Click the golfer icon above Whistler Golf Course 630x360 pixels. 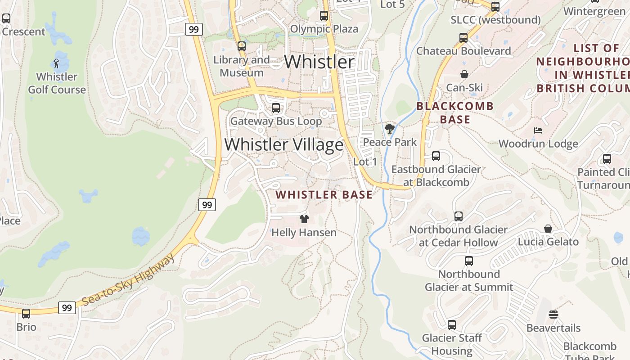pyautogui.click(x=56, y=63)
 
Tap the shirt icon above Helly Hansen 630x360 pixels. pyautogui.click(x=304, y=219)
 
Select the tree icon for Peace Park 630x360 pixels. pyautogui.click(x=390, y=129)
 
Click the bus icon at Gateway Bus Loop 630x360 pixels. pyautogui.click(x=276, y=108)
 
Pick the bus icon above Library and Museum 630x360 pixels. pyautogui.click(x=242, y=46)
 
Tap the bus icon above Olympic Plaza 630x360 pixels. pyautogui.click(x=324, y=16)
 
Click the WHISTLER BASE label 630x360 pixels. pyautogui.click(x=324, y=195)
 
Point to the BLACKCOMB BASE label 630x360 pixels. pyautogui.click(x=455, y=113)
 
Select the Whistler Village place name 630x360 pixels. pyautogui.click(x=283, y=144)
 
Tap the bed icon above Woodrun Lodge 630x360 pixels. pyautogui.click(x=538, y=130)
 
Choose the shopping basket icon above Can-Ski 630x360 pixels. pyautogui.click(x=464, y=74)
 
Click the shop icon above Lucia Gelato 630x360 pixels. pyautogui.click(x=548, y=229)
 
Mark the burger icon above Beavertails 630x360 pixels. pyautogui.click(x=553, y=315)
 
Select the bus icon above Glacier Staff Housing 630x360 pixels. pyautogui.click(x=452, y=324)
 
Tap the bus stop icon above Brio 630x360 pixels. pyautogui.click(x=26, y=313)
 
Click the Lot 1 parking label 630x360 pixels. pyautogui.click(x=365, y=162)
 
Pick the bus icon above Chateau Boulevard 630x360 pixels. pyautogui.click(x=463, y=38)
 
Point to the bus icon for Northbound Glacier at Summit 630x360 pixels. pyautogui.click(x=469, y=261)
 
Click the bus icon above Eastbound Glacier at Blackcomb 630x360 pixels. pyautogui.click(x=436, y=156)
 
